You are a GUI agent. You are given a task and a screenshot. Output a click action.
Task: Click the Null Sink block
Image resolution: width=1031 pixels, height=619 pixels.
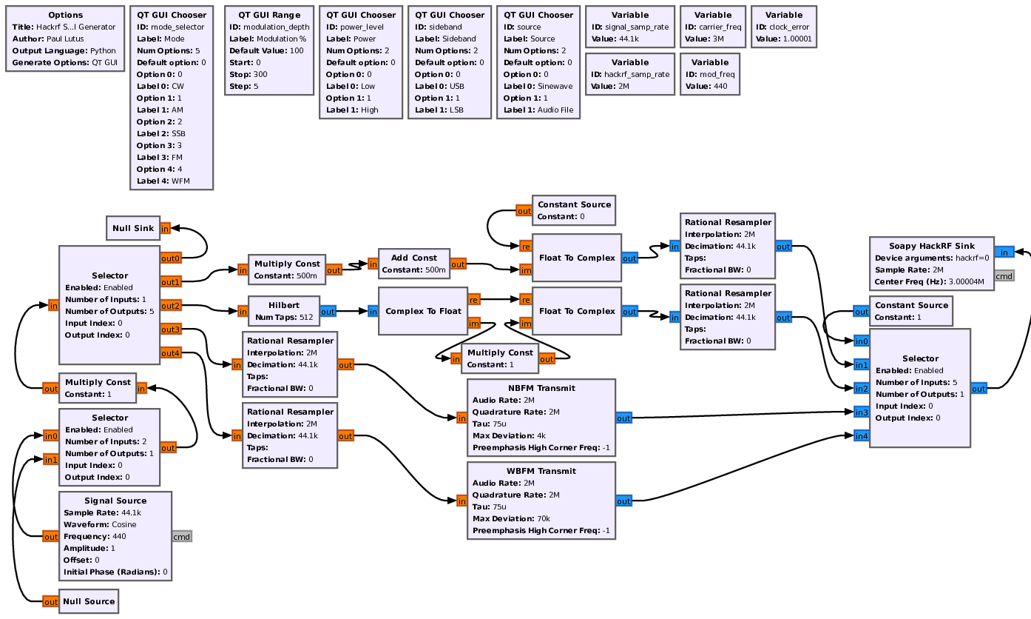tap(133, 228)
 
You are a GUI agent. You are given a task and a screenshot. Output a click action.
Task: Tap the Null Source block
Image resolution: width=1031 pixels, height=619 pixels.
tap(88, 601)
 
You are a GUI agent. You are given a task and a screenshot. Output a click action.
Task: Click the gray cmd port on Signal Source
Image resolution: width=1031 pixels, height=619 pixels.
tap(182, 536)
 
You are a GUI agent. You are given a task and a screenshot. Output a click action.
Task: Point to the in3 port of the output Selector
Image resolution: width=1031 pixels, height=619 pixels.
tap(861, 412)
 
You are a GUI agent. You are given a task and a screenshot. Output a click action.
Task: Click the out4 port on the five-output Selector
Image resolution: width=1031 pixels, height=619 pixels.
tap(170, 352)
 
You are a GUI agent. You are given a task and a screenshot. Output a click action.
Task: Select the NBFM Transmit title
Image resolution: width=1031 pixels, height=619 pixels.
tap(541, 388)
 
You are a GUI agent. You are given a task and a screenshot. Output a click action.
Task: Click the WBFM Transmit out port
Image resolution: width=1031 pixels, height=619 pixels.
tap(623, 501)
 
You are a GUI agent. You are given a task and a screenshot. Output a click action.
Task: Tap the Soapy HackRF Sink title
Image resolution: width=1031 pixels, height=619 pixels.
tap(931, 246)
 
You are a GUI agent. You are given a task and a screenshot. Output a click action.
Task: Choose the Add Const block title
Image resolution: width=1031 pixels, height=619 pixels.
tap(413, 258)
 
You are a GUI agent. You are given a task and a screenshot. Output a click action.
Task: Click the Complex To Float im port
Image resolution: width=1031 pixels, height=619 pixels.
tap(474, 323)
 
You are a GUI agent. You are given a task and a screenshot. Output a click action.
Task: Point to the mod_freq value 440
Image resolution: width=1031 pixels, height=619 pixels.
tap(721, 86)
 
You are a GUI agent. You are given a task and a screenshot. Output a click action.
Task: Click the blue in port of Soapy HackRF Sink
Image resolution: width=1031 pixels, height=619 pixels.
tap(1004, 252)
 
